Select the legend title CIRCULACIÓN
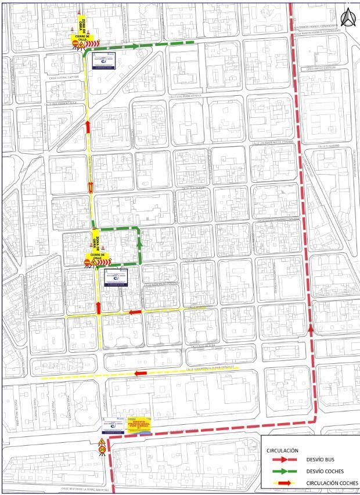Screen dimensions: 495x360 (x=282, y=450)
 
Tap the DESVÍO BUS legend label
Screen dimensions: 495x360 (x=322, y=460)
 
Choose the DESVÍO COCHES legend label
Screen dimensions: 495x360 (x=325, y=471)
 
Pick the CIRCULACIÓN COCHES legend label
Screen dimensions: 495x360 (x=332, y=483)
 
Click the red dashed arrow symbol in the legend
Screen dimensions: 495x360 (x=285, y=460)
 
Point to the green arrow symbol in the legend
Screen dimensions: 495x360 (x=285, y=471)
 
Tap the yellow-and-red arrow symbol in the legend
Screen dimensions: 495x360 (x=285, y=483)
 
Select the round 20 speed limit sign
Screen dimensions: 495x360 (x=102, y=449)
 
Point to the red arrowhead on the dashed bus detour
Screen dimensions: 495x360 (x=312, y=330)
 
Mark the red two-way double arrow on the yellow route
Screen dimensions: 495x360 (x=90, y=186)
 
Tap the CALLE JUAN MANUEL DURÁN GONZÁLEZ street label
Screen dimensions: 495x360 (x=213, y=367)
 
